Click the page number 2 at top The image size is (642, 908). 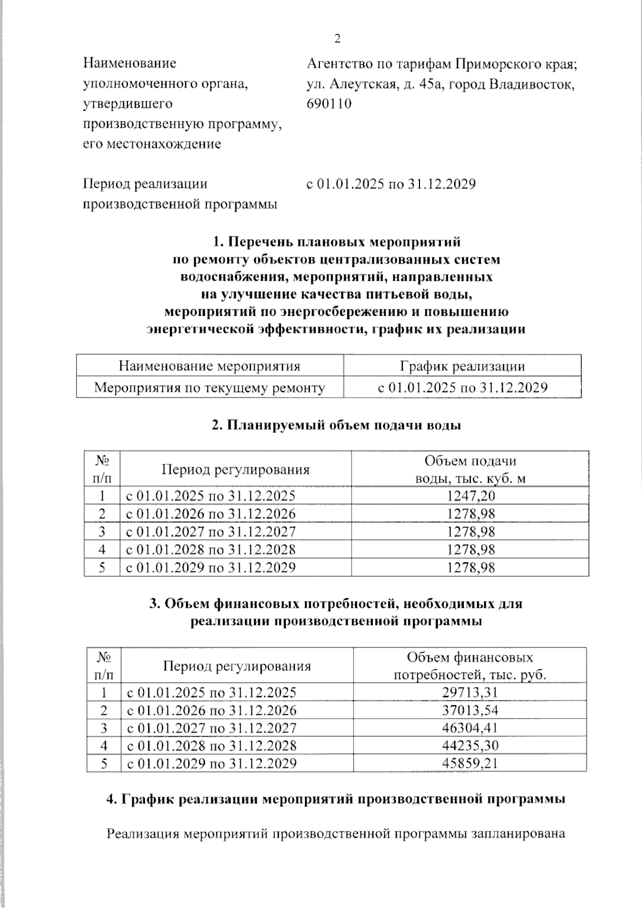click(337, 39)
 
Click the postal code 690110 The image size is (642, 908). click(329, 104)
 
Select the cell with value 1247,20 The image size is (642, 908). click(471, 496)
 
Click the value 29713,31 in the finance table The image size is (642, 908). click(470, 692)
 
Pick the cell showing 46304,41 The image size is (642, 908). click(470, 728)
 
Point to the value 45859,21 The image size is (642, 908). click(470, 764)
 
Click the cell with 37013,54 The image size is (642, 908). click(470, 711)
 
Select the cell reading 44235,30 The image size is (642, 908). click(470, 746)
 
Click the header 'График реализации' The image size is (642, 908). click(462, 367)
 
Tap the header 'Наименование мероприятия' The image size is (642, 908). click(209, 367)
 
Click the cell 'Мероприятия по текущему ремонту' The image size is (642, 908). click(209, 388)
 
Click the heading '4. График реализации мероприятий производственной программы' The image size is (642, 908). click(336, 799)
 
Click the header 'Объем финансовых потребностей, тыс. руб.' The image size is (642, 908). click(470, 666)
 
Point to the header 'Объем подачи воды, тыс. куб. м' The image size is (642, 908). click(470, 469)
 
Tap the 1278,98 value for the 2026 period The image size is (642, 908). click(471, 514)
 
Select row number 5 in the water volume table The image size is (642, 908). click(102, 567)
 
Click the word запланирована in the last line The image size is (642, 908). click(518, 834)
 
